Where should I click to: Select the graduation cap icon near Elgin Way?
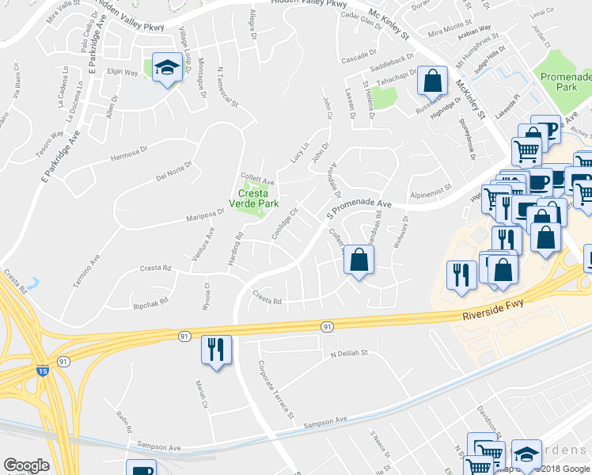pyautogui.click(x=168, y=70)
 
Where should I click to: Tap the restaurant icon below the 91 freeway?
pyautogui.click(x=216, y=348)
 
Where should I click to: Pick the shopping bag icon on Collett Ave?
pyautogui.click(x=359, y=259)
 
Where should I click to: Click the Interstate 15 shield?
pyautogui.click(x=40, y=369)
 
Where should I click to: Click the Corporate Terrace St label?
pyautogui.click(x=275, y=389)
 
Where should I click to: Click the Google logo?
pyautogui.click(x=26, y=465)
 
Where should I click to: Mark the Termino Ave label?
pyautogui.click(x=89, y=269)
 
